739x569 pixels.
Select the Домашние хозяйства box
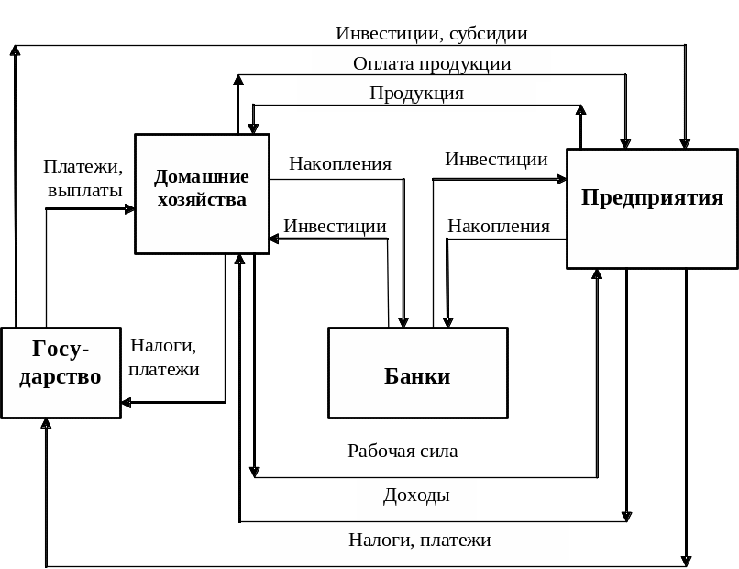point(202,194)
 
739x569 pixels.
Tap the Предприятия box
point(652,208)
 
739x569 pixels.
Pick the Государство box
point(61,373)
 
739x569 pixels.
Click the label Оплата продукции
point(432,64)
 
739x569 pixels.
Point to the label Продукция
point(416,94)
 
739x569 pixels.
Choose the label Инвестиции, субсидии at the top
point(432,34)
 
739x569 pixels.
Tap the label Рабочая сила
point(403,451)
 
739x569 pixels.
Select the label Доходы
point(416,496)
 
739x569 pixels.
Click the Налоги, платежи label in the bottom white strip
point(420,541)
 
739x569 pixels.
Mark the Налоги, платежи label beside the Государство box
point(164,358)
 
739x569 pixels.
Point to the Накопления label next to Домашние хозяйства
point(339,164)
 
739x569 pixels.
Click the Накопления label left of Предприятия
point(499,227)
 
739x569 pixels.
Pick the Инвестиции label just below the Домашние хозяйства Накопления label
point(335,227)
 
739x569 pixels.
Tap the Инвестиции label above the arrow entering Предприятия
point(497,159)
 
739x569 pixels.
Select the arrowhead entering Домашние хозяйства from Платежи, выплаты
point(129,209)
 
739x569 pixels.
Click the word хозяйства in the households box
point(202,199)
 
